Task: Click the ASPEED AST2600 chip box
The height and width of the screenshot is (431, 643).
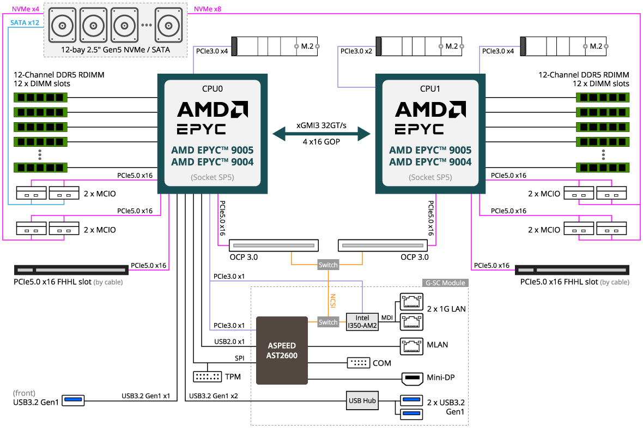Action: click(282, 350)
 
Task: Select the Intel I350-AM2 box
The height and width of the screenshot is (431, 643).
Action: click(362, 321)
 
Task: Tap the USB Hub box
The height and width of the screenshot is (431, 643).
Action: click(362, 400)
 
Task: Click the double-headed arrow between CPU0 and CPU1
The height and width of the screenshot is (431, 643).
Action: click(321, 133)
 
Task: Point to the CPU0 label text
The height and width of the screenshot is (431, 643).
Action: click(213, 88)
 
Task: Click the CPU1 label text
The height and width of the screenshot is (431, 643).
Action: click(430, 88)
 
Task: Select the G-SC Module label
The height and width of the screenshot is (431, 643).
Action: click(445, 283)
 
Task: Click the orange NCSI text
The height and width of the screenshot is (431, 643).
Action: click(332, 301)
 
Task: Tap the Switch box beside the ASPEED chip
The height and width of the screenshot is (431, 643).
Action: click(328, 322)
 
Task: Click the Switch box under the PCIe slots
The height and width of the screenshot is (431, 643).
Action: click(328, 265)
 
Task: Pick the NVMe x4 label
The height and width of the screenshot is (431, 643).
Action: click(26, 9)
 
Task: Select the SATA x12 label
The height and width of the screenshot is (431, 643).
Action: click(25, 22)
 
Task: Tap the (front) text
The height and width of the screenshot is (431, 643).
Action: click(24, 393)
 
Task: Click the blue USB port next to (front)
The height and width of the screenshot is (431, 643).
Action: click(74, 400)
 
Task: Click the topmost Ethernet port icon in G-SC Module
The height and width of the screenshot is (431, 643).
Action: click(412, 301)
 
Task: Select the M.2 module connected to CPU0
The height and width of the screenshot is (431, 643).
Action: click(276, 46)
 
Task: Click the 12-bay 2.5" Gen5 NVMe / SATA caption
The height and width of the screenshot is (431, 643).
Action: click(116, 50)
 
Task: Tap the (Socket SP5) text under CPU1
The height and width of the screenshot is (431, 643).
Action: click(430, 177)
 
